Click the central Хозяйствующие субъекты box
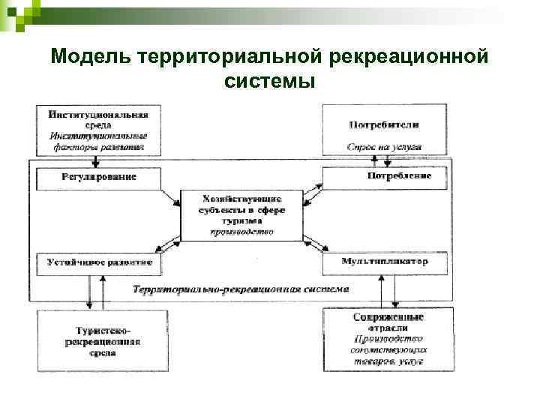[242, 214]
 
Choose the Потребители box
[384, 130]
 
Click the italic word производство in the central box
[242, 232]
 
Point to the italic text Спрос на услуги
[384, 147]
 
